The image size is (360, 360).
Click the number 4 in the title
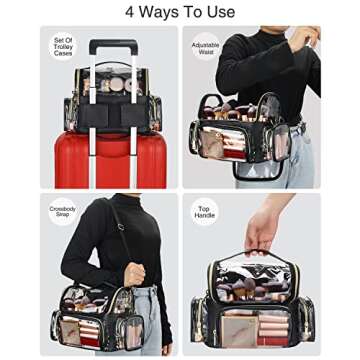pyautogui.click(x=130, y=12)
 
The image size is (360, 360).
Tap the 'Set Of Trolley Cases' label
pyautogui.click(x=63, y=46)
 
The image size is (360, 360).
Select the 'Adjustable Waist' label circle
pyautogui.click(x=204, y=48)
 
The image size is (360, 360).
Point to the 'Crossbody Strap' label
pyautogui.click(x=63, y=212)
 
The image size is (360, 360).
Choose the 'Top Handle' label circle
pyautogui.click(x=204, y=212)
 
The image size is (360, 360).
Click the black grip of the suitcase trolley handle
pyautogui.click(x=112, y=45)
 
